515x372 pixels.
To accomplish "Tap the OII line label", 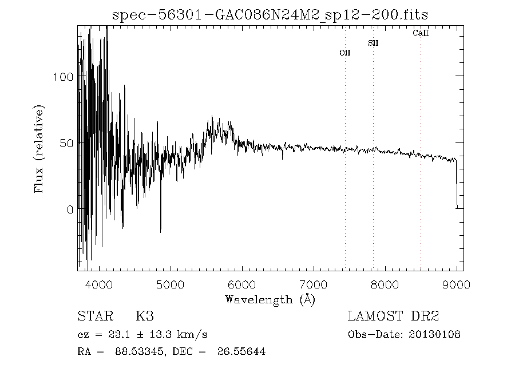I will pos(344,53).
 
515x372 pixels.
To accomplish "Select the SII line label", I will pos(373,43).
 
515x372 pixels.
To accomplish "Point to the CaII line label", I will pos(421,33).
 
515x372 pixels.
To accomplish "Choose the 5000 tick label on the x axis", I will pos(171,284).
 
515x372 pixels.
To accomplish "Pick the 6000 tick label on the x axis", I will pos(242,284).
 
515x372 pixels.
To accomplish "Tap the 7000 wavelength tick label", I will pos(314,284).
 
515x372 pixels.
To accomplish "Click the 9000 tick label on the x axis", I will pos(457,284).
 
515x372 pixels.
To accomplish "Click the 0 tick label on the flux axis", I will pos(70,209).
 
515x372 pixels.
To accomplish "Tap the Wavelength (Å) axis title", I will pos(270,299).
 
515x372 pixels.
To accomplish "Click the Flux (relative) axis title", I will pos(39,148).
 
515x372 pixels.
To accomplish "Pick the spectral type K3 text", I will pos(144,316).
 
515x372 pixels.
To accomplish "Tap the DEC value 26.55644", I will pos(241,351).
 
